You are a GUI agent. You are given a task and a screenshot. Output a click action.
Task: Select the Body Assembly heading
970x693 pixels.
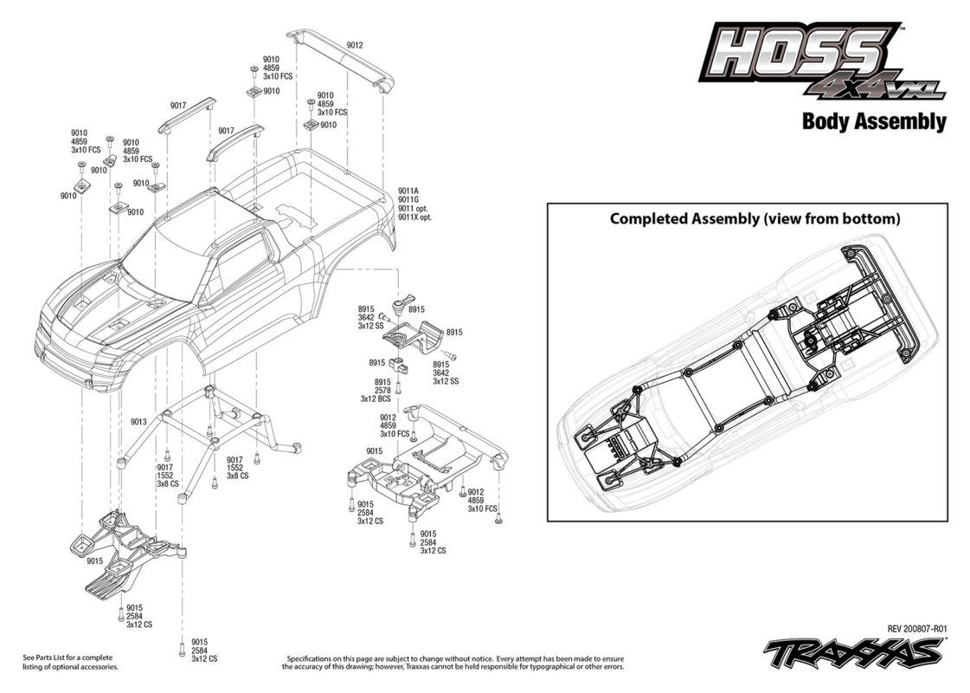(x=874, y=121)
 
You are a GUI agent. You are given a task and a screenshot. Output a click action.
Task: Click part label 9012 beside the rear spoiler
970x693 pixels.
(x=355, y=45)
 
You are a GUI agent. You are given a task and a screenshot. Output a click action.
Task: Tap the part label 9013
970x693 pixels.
(x=138, y=422)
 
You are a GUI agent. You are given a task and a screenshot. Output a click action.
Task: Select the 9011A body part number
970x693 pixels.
(x=408, y=191)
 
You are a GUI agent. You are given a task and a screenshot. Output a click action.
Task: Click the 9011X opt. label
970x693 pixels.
(x=414, y=217)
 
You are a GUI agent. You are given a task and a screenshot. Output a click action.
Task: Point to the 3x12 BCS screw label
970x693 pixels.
(x=376, y=399)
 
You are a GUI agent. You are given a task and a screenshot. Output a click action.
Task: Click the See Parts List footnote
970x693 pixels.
(x=70, y=662)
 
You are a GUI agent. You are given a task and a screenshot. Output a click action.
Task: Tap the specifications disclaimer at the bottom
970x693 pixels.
(x=453, y=663)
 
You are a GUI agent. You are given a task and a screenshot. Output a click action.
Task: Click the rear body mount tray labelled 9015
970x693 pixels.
(x=426, y=459)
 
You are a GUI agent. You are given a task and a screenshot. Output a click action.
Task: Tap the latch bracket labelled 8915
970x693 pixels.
(x=414, y=334)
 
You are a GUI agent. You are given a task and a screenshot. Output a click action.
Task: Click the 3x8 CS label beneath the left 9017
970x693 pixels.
(x=168, y=483)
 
